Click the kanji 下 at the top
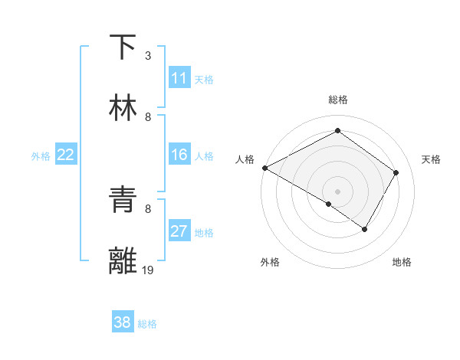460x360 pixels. click(x=123, y=47)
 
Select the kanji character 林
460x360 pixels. click(x=123, y=108)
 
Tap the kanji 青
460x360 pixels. click(x=123, y=200)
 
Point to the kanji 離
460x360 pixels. click(x=123, y=261)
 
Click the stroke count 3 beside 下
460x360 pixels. click(x=147, y=56)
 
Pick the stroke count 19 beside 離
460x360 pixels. click(x=149, y=270)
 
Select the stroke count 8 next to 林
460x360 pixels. click(x=147, y=117)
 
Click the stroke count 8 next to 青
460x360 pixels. click(x=147, y=208)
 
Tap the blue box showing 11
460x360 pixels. click(x=179, y=78)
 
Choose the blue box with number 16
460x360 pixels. click(x=179, y=155)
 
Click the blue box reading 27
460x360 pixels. click(x=179, y=231)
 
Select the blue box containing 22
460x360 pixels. click(x=66, y=155)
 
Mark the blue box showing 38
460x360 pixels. click(x=123, y=322)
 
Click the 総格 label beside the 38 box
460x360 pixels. click(x=147, y=324)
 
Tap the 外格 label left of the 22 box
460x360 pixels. click(x=41, y=156)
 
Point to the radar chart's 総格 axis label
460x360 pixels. click(x=337, y=100)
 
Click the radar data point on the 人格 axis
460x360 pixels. click(x=264, y=167)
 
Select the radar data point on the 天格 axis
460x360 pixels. click(x=396, y=172)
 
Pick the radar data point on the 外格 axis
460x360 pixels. click(x=329, y=204)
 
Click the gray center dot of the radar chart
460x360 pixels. click(x=337, y=191)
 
